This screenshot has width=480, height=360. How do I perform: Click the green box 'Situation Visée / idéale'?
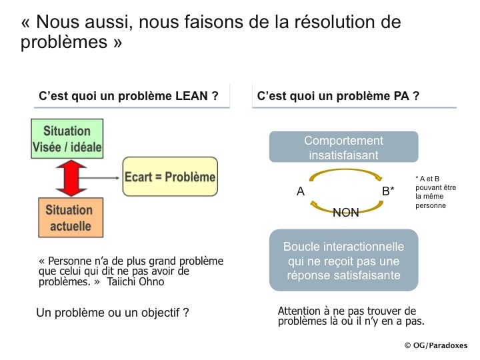67,139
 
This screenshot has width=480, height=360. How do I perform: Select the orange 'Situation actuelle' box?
71,217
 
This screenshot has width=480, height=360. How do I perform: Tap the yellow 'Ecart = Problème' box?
170,177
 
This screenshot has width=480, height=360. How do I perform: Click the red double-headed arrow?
71,178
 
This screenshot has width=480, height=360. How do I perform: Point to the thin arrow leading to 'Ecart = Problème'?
99,178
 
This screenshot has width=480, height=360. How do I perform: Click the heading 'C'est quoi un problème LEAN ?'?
129,96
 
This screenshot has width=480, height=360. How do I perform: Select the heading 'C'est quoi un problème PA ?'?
338,96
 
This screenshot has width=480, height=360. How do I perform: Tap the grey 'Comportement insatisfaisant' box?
344,147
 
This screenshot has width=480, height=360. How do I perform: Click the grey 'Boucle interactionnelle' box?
344,260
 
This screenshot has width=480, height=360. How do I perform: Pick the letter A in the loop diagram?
301,191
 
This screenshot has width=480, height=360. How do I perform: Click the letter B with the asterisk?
388,191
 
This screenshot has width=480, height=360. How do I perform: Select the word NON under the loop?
346,213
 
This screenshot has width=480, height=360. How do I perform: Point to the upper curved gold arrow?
345,170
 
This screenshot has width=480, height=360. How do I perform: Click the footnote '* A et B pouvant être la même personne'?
435,192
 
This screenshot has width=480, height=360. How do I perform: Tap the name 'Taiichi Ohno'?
135,281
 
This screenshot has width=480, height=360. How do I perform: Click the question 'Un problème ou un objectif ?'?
113,313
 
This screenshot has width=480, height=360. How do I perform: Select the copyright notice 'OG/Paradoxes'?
436,345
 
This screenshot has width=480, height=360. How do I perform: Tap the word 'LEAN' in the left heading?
191,96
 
